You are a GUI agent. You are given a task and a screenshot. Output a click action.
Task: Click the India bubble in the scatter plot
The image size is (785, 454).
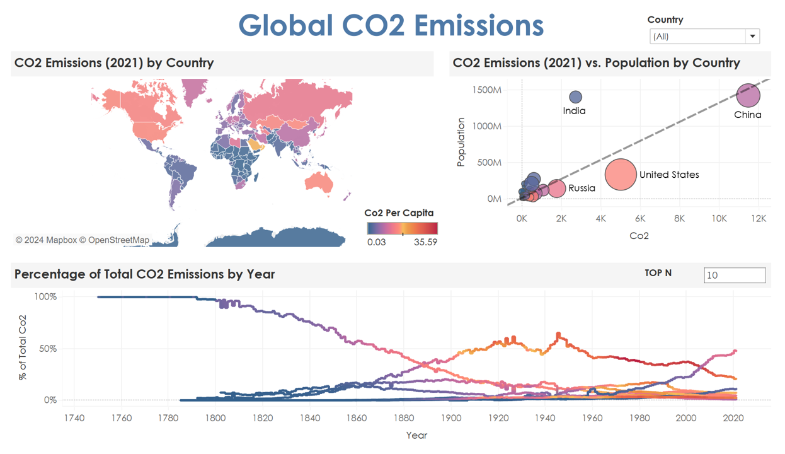tap(575, 97)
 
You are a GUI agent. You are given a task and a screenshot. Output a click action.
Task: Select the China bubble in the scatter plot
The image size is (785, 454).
tap(748, 95)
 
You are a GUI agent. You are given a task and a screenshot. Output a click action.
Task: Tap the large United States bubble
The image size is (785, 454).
tap(621, 175)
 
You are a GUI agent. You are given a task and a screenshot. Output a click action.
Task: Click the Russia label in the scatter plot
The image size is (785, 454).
tap(582, 188)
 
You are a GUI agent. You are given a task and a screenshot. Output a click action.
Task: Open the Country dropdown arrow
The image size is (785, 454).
tap(752, 36)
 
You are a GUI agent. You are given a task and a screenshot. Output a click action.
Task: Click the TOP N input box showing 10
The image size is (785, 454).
tap(735, 275)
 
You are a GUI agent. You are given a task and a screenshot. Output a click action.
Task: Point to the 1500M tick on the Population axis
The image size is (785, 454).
tap(487, 90)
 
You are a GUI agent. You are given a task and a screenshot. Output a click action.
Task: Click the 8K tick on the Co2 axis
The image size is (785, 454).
tap(680, 219)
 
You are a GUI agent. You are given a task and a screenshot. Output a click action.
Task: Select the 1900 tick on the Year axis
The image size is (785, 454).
tap(451, 418)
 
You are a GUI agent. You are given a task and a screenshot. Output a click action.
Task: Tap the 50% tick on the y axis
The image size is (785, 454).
tap(48, 349)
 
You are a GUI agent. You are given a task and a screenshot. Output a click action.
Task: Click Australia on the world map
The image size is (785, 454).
tap(319, 182)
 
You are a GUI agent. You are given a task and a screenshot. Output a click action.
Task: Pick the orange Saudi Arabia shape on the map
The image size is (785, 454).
tap(256, 144)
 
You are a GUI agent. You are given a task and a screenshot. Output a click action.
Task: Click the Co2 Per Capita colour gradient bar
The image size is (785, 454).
tap(403, 228)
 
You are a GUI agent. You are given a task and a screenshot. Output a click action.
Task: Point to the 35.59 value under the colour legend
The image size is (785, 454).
tap(425, 242)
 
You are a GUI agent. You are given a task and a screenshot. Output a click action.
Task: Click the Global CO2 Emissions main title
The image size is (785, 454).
tap(391, 25)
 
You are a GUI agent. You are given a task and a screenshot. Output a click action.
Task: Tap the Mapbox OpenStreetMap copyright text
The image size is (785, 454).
tap(83, 240)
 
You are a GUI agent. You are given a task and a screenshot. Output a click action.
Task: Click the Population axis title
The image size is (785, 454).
tap(461, 142)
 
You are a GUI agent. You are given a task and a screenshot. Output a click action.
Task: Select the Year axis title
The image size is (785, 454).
tap(416, 435)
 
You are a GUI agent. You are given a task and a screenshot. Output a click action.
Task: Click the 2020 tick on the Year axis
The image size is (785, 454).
tap(733, 418)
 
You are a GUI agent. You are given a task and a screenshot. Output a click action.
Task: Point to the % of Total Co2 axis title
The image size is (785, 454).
tap(23, 347)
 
